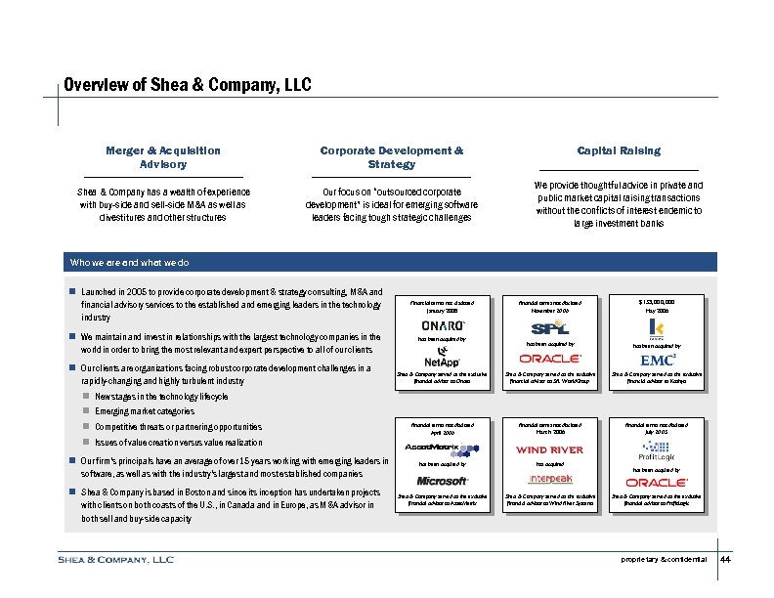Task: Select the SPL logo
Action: (543, 327)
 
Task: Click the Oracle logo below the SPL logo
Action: (544, 359)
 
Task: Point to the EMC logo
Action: (657, 359)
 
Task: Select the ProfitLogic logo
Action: (657, 454)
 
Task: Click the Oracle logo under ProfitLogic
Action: (657, 482)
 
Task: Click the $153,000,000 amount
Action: (657, 302)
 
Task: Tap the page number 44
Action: (725, 560)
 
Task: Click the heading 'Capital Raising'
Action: (619, 150)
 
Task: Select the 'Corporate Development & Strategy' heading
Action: (391, 157)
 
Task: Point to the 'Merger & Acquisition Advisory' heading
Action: (163, 157)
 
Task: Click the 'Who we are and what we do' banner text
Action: (130, 263)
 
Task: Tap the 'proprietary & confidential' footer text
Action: (663, 560)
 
